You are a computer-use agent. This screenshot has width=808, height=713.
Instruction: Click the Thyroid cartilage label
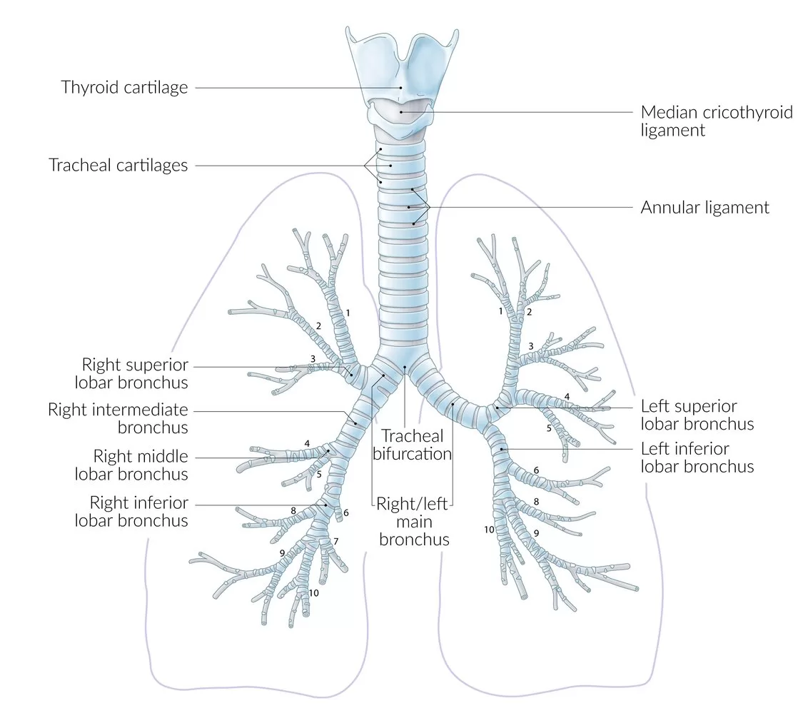coord(124,88)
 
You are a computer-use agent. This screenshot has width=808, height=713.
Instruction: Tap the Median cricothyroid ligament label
coord(716,121)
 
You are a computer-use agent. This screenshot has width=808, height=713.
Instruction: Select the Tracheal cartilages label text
coord(118,165)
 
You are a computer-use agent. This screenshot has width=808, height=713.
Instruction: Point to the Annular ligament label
coord(705,208)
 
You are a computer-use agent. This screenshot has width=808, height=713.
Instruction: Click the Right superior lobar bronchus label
coord(135,373)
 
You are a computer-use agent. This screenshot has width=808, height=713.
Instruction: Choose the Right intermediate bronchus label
coord(118,419)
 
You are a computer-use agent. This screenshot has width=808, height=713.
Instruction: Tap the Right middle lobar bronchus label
coord(141,465)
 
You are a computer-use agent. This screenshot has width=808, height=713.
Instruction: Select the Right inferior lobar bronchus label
coord(131,511)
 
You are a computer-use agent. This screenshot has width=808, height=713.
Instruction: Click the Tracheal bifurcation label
coord(413,444)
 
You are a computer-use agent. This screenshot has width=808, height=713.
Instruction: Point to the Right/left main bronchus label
coord(414,522)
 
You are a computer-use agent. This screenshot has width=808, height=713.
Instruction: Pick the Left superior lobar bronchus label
coord(697,415)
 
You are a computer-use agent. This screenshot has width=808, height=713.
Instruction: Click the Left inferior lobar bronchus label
coord(697,457)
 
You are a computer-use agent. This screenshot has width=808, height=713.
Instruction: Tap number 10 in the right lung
coord(314,593)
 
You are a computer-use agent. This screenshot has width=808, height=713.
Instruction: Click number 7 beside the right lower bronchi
coord(335,541)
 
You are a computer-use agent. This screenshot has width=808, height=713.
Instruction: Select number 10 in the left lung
coord(489,530)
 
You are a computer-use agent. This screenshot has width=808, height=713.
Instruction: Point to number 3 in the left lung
coord(530,346)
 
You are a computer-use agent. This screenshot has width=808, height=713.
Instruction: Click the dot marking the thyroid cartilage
coord(401,88)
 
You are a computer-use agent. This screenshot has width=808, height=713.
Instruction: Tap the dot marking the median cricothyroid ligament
coord(402,111)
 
